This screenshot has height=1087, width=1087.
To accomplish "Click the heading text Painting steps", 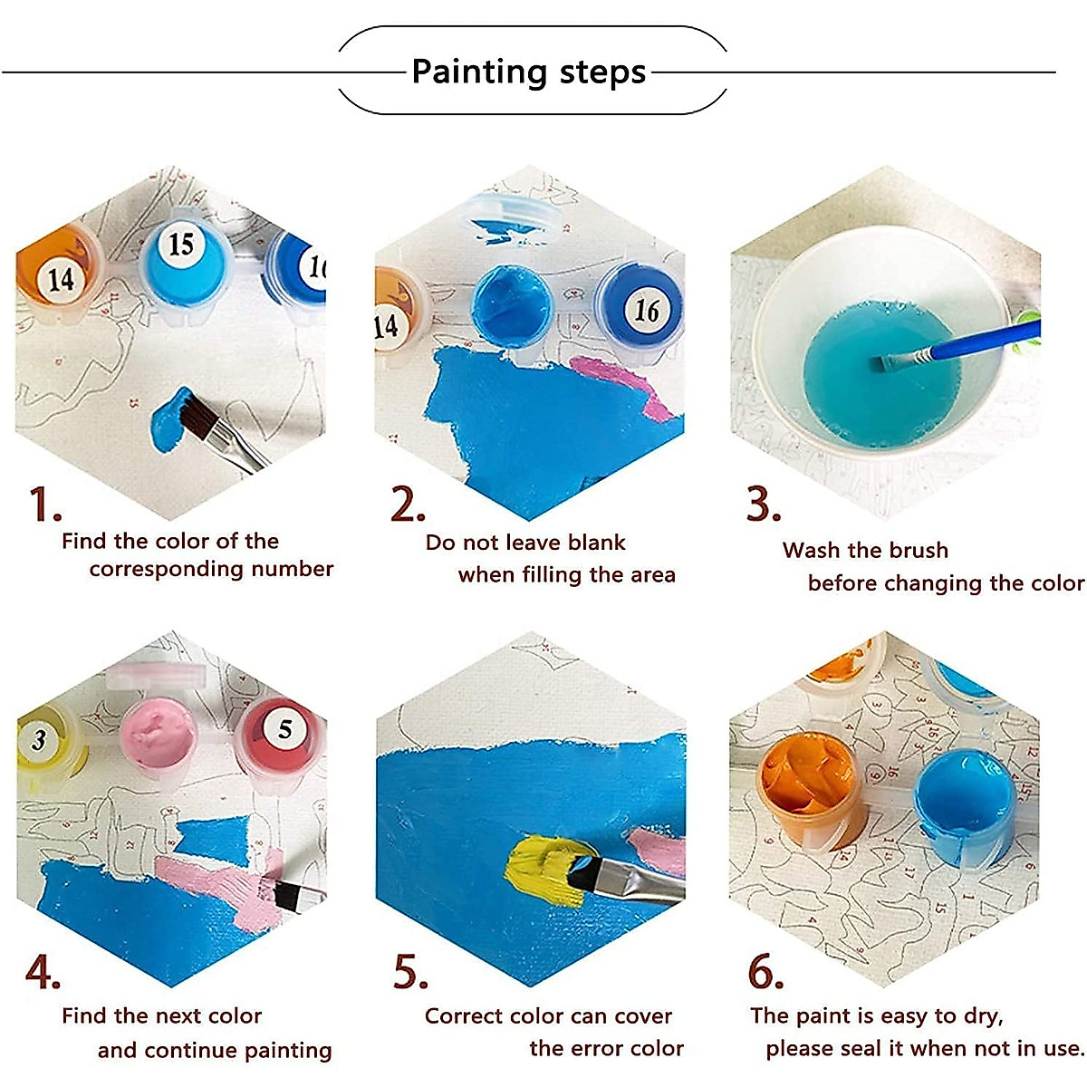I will pyautogui.click(x=529, y=72).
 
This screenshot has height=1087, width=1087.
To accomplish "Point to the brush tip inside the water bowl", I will pyautogui.click(x=888, y=363).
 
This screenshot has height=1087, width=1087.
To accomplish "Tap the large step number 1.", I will pyautogui.click(x=43, y=505).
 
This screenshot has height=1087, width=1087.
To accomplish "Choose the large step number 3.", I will pyautogui.click(x=763, y=505).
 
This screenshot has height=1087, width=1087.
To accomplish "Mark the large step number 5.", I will pyautogui.click(x=409, y=972).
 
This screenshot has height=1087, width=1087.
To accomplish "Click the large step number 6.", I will pyautogui.click(x=765, y=972).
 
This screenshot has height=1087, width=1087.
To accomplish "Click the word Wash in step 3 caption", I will pyautogui.click(x=812, y=550).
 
